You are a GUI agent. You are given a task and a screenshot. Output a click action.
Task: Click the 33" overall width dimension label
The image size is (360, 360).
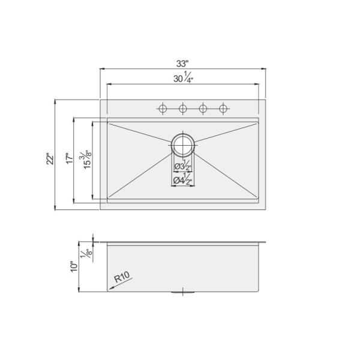pos(183,64)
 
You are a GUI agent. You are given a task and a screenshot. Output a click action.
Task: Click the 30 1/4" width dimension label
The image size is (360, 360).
pos(183,78)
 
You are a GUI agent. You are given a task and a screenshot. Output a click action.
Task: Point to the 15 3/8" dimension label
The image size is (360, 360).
pos(88,158)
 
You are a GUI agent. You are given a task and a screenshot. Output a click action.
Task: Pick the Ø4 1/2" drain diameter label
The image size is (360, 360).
pos(183,179)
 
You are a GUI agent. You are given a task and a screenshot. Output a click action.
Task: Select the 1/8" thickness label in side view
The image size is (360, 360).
pos(88,254)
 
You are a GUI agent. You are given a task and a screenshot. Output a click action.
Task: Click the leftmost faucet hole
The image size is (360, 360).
pos(162,109)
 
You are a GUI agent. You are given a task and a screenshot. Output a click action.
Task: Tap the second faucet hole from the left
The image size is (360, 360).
pos(182,109)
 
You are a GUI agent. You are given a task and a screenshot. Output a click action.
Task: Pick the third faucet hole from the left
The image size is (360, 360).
pos(203,109)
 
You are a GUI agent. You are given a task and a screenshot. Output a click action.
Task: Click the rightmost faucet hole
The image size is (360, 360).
pos(224,109)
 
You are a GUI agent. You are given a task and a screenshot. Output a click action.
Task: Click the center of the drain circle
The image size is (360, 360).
pos(183,144)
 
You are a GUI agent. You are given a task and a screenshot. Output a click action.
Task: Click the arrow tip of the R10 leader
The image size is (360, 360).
pos(110,288)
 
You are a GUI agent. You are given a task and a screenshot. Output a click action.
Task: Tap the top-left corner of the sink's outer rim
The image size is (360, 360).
pos(100,100)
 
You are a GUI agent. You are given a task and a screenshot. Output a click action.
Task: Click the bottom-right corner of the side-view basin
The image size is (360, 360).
pos(259,292)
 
